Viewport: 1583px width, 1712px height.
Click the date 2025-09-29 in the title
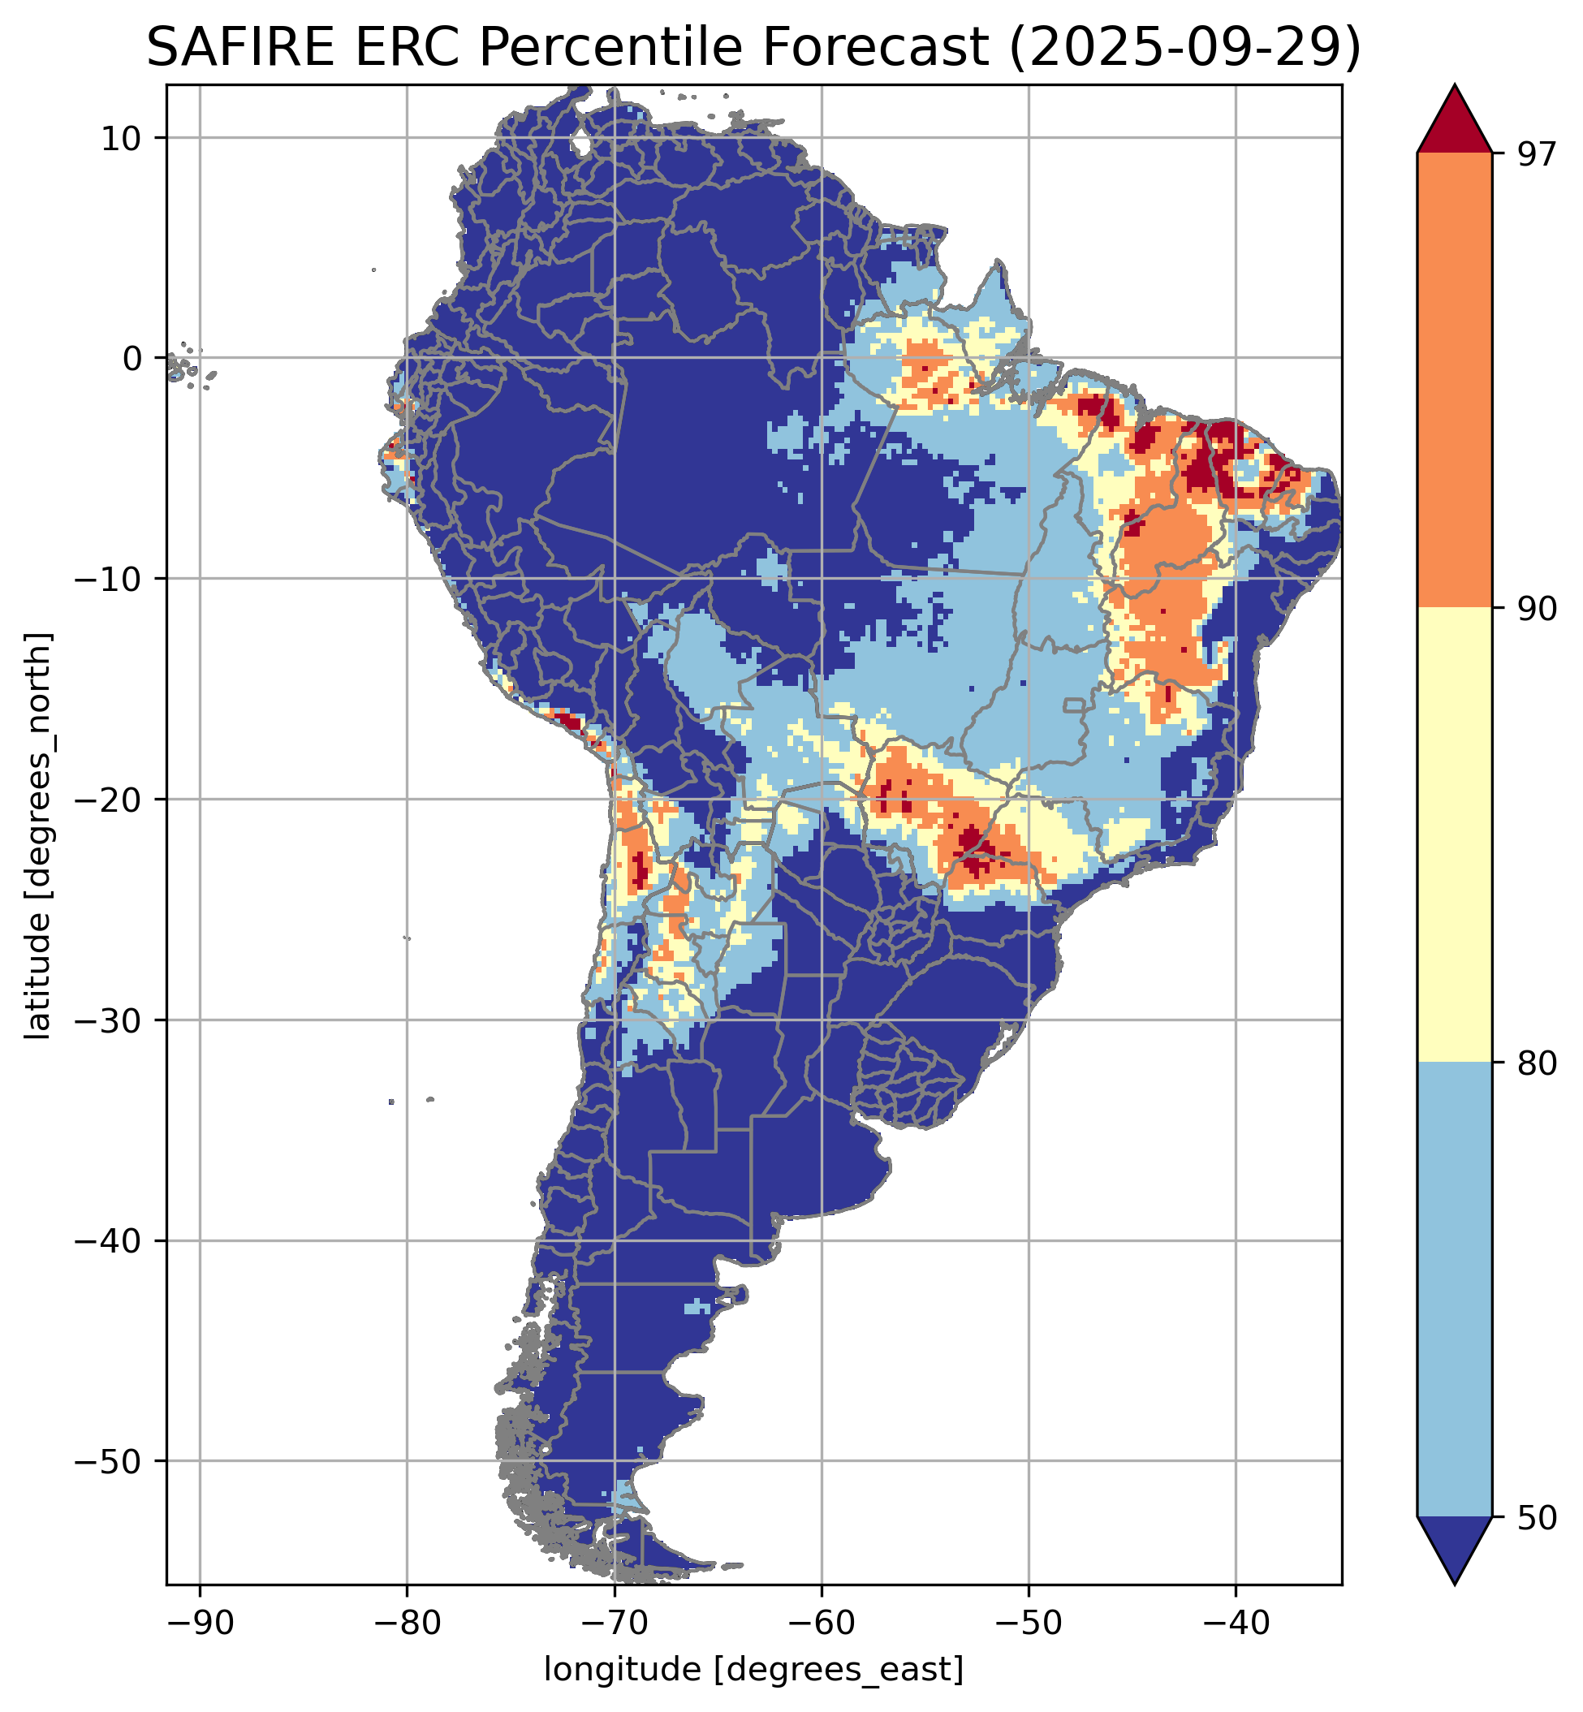(x=1184, y=48)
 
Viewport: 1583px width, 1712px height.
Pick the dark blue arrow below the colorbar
(x=1455, y=1548)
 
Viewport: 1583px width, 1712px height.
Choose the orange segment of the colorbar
(x=1455, y=381)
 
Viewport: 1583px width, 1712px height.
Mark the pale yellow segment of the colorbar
(x=1455, y=836)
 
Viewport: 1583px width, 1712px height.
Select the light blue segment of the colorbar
(x=1455, y=1291)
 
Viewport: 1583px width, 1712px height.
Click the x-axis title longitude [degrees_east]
(x=754, y=1670)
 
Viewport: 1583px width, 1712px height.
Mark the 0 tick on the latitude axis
(x=131, y=358)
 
